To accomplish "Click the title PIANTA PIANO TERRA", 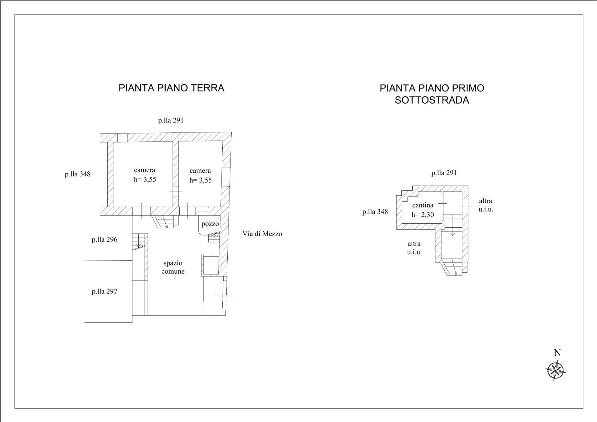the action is [171, 88].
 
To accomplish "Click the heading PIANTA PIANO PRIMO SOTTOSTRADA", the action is [432, 94].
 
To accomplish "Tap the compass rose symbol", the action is [556, 370].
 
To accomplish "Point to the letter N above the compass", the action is [557, 353].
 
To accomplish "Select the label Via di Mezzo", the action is [262, 234].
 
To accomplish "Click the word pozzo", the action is [210, 224].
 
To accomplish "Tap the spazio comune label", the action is [173, 267].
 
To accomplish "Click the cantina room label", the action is [423, 205].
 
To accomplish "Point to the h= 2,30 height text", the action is [423, 215].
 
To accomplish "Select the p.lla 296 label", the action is [104, 240].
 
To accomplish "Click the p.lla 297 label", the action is [104, 292].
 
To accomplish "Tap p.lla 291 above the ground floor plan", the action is [171, 120].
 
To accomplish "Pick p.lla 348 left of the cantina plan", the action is [375, 212].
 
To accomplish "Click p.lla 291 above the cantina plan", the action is [444, 173].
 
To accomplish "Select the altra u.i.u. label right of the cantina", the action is [486, 205].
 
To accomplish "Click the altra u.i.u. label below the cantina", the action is [414, 248].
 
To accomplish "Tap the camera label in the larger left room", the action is [145, 170].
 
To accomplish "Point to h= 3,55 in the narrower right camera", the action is [201, 180].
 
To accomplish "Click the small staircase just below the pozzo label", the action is [214, 237].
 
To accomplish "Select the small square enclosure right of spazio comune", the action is [210, 265].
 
